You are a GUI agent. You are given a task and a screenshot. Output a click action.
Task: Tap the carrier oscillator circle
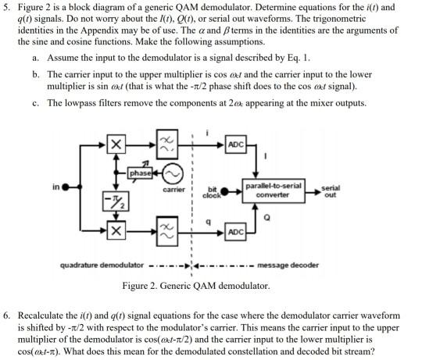[x=172, y=172]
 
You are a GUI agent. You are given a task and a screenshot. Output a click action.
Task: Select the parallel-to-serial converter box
[x=273, y=190]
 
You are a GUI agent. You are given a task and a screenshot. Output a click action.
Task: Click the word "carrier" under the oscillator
[x=173, y=189]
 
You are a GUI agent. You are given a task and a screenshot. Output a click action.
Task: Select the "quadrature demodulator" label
[x=102, y=265]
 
